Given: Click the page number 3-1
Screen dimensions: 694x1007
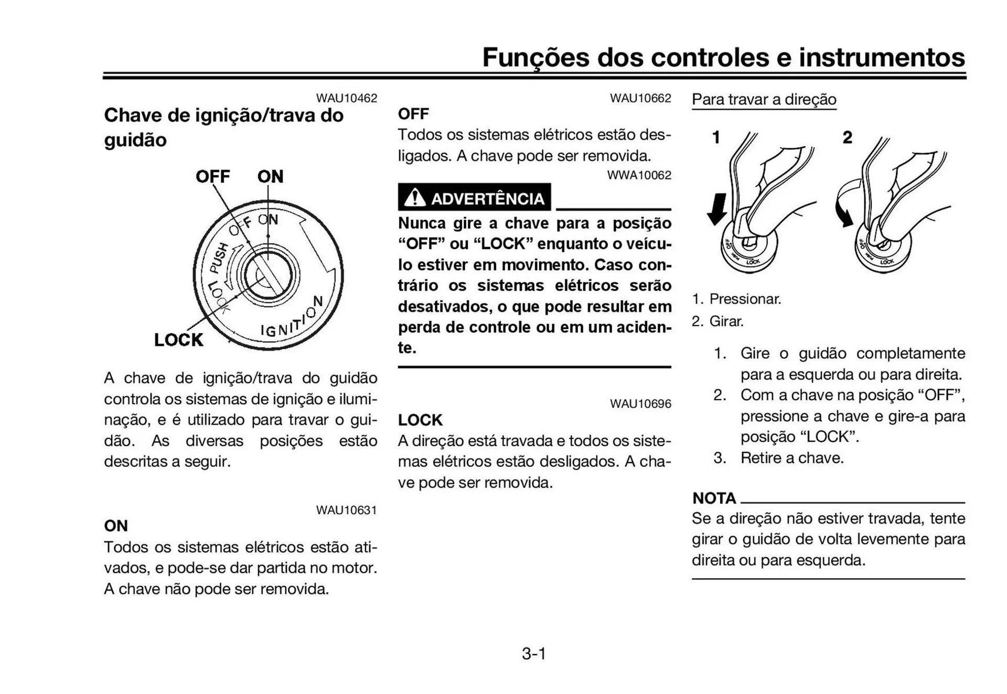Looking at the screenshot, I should coord(533,654).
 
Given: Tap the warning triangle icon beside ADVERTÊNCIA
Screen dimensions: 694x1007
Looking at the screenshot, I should coord(414,198).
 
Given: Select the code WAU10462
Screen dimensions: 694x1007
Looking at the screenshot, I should coord(346,98).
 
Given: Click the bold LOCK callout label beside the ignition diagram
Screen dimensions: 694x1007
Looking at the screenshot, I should coord(178,340).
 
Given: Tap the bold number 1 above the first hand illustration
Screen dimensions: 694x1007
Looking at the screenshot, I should coord(716,137).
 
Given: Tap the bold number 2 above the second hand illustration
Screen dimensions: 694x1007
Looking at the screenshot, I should coord(847,137).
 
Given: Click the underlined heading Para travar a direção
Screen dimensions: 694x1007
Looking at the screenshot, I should coord(764,99).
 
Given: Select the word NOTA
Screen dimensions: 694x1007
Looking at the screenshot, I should coord(714,498).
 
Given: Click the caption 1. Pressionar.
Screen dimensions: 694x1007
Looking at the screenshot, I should coord(736,299).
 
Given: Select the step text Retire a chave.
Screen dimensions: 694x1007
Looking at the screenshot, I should coord(791,458).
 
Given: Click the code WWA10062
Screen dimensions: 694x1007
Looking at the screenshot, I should coord(639,175).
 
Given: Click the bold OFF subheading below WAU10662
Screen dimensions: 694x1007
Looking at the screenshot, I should coord(413,114).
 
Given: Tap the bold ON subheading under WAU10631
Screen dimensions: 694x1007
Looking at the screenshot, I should coord(116,526).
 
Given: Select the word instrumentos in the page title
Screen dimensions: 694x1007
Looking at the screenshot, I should coord(881,57).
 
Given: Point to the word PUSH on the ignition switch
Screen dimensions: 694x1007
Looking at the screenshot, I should coord(219,258).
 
